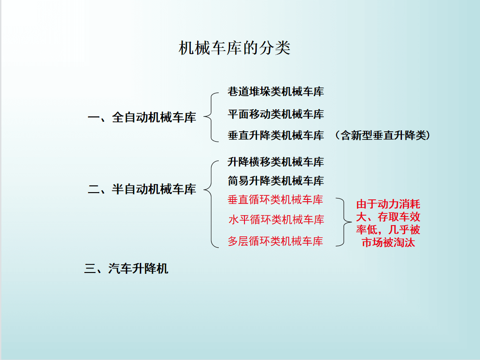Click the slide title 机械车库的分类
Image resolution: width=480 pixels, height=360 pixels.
pyautogui.click(x=235, y=48)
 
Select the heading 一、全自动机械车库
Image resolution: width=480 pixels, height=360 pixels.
pyautogui.click(x=142, y=118)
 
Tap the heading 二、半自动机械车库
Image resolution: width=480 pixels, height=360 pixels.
pyautogui.click(x=142, y=189)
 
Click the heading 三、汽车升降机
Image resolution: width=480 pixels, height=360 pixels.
pyautogui.click(x=126, y=268)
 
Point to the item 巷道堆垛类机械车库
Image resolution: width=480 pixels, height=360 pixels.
pyautogui.click(x=276, y=92)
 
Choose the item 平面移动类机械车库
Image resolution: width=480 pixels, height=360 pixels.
pyautogui.click(x=276, y=114)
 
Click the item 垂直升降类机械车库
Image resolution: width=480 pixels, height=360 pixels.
pyautogui.click(x=276, y=135)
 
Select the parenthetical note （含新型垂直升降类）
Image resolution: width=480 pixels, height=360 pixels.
pyautogui.click(x=383, y=135)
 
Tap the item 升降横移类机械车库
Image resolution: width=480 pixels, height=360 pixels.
pyautogui.click(x=276, y=162)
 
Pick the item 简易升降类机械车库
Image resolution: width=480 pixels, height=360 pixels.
pyautogui.click(x=276, y=180)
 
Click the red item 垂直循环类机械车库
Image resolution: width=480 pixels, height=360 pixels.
pyautogui.click(x=276, y=199)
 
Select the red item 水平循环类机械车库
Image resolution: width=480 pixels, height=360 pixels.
pyautogui.click(x=276, y=220)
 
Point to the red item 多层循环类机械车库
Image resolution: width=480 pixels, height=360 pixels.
pyautogui.click(x=276, y=241)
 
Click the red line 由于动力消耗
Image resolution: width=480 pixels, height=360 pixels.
pyautogui.click(x=388, y=204)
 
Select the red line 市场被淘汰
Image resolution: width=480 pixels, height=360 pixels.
pyautogui.click(x=388, y=242)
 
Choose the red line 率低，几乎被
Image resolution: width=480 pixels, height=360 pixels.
pyautogui.click(x=388, y=230)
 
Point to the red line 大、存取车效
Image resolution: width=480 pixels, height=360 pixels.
pyautogui.click(x=388, y=217)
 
